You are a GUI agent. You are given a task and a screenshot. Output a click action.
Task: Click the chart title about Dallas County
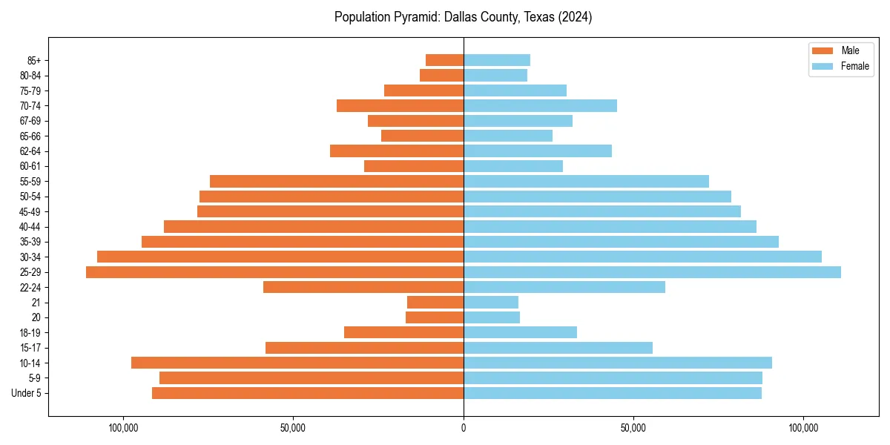[x=463, y=17]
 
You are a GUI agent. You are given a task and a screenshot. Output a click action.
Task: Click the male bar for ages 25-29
[x=274, y=272]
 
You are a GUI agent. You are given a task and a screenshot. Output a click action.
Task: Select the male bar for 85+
[x=444, y=60]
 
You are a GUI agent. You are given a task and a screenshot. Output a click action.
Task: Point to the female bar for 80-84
[x=495, y=75]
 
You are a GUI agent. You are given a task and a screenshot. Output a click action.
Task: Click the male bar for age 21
[x=435, y=302]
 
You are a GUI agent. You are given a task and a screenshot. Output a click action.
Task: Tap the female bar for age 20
[x=492, y=317]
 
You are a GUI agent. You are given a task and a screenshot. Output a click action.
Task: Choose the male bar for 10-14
[x=297, y=363]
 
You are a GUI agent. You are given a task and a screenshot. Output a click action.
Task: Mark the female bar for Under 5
[x=613, y=393]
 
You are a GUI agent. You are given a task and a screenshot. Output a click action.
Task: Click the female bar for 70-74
[x=540, y=105]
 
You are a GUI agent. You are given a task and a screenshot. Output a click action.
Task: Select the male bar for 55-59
[x=337, y=181]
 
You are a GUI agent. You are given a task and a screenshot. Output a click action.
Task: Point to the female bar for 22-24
[x=564, y=287]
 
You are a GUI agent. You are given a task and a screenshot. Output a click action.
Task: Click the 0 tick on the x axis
[x=464, y=428]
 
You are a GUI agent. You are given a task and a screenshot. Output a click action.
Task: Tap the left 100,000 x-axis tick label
[x=124, y=428]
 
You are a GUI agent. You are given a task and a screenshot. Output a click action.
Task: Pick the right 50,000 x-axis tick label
[x=633, y=428]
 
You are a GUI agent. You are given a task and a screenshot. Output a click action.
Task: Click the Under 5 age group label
[x=27, y=393]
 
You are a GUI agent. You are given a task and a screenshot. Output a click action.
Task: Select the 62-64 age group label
[x=30, y=151]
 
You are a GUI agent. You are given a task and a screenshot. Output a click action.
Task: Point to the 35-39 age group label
[x=30, y=242]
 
